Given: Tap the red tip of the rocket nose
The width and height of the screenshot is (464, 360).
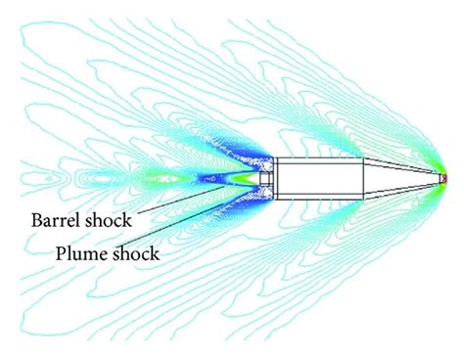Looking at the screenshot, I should click(443, 179).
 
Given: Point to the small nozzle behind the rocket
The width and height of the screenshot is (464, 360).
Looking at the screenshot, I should click(262, 179).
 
